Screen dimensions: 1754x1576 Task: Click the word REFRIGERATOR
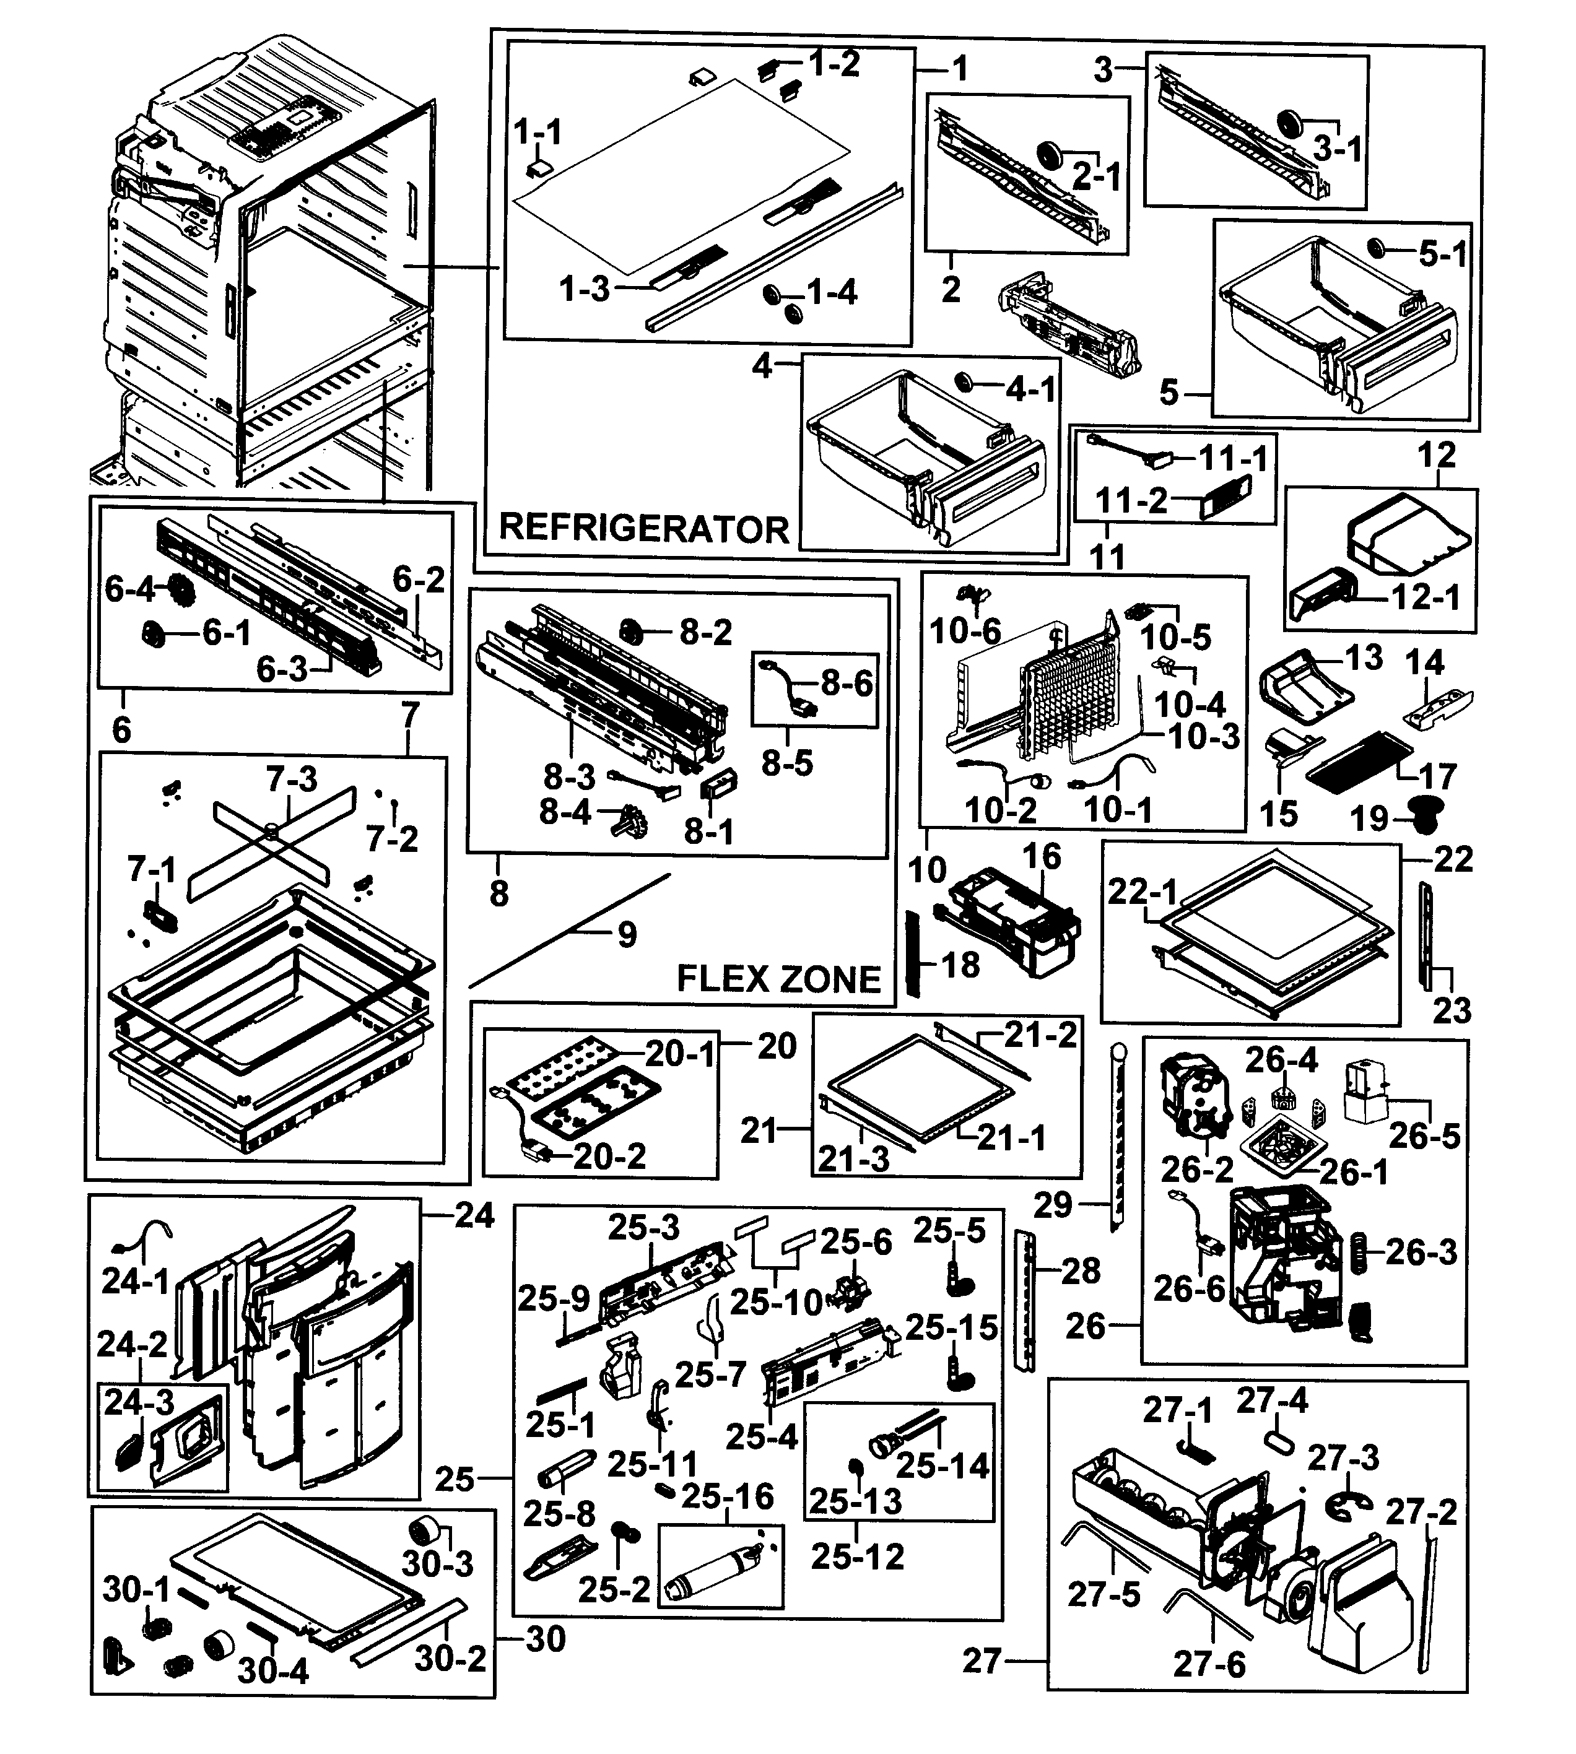(643, 528)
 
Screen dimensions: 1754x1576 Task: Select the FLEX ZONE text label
(778, 979)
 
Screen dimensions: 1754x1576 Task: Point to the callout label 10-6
(965, 631)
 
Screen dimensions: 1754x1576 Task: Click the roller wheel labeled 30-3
(424, 1530)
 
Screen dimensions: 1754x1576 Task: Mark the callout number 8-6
(847, 683)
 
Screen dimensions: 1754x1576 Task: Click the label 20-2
(609, 1157)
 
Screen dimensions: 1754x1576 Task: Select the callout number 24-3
(139, 1402)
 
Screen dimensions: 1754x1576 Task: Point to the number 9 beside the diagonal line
(627, 935)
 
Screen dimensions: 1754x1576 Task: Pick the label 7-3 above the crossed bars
(291, 779)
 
